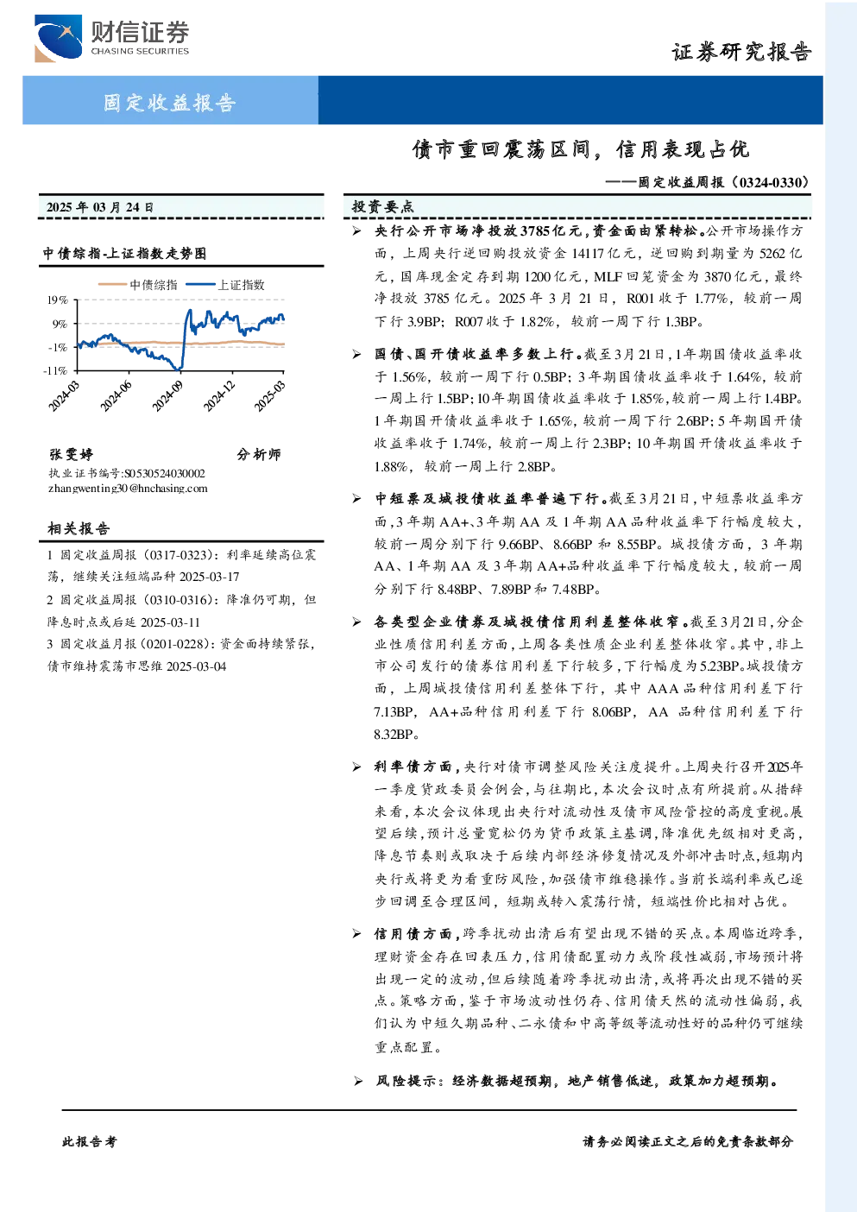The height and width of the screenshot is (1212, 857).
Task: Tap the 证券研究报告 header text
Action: [741, 53]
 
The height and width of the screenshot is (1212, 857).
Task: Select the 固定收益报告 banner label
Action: [169, 102]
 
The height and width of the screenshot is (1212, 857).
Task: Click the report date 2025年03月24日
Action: [100, 207]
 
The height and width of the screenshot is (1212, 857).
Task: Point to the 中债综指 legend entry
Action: [138, 285]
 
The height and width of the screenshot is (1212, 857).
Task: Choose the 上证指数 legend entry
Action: [225, 285]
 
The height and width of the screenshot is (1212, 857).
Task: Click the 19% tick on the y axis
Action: [58, 300]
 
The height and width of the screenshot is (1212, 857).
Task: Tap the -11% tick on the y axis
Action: [56, 370]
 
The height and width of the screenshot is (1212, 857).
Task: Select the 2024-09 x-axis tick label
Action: [167, 396]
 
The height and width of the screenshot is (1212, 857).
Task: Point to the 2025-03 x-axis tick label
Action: [270, 396]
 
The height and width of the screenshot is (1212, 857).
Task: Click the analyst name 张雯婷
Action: [71, 454]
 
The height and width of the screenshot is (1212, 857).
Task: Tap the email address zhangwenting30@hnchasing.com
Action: [128, 489]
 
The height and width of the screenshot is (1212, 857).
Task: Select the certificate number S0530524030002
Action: [165, 473]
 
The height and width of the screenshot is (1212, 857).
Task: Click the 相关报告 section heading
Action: [79, 528]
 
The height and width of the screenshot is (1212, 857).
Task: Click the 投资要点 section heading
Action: [382, 206]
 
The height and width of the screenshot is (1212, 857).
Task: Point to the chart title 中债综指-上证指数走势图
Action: [125, 253]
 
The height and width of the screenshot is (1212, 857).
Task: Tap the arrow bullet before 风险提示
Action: [357, 1081]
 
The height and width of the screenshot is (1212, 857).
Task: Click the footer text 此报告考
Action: [89, 1142]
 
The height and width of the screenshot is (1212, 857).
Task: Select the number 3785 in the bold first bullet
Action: [535, 231]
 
